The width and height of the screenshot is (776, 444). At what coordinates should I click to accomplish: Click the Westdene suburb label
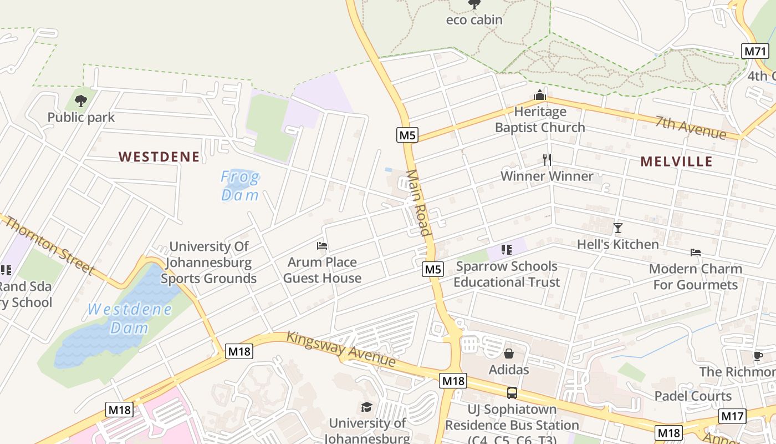[x=159, y=157]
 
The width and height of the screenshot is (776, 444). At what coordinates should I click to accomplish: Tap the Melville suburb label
[x=676, y=162]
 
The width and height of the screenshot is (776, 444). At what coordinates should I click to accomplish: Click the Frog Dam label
[x=240, y=186]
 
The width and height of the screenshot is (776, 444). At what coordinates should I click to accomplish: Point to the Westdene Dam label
[x=130, y=318]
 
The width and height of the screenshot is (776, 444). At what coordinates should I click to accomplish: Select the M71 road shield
[x=754, y=52]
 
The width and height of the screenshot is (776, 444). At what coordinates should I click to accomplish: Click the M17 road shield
[x=732, y=416]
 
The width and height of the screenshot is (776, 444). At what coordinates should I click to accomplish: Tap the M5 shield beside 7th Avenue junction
[x=407, y=135]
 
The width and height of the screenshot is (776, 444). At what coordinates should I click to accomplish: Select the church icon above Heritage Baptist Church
[x=540, y=95]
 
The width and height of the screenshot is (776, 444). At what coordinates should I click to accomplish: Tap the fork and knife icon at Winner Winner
[x=547, y=160]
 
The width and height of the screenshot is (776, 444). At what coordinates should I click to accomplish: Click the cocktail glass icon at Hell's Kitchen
[x=618, y=228]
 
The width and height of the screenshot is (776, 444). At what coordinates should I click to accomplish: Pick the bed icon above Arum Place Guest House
[x=322, y=246]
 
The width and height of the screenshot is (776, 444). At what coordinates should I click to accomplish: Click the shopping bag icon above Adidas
[x=509, y=354]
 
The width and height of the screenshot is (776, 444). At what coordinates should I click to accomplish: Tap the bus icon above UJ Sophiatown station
[x=512, y=393]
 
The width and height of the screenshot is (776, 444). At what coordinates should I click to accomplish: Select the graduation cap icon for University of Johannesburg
[x=366, y=407]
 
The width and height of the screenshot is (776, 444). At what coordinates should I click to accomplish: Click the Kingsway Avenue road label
[x=341, y=349]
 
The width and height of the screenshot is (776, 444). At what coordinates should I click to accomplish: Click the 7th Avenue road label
[x=690, y=128]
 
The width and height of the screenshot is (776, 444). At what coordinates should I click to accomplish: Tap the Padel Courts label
[x=693, y=396]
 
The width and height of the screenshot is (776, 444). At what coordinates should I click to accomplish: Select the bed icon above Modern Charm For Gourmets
[x=696, y=253]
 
